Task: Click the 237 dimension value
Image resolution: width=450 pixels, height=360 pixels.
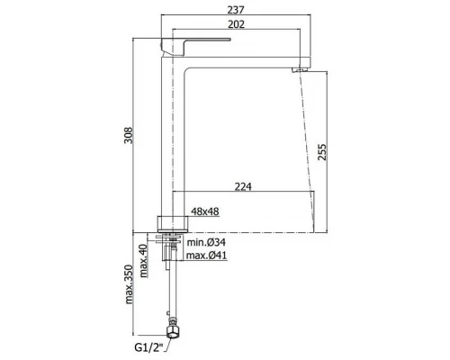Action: [x=236, y=10]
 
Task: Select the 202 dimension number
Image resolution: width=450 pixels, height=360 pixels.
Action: [x=236, y=24]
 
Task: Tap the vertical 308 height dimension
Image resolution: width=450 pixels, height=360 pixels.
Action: [x=129, y=136]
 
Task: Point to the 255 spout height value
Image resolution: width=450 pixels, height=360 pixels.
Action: [x=322, y=152]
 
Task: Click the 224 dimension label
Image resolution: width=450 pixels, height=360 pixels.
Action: [x=243, y=187]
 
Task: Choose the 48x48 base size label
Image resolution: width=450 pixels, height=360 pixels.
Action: [x=205, y=211]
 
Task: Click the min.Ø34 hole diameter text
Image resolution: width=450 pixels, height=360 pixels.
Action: [x=206, y=242]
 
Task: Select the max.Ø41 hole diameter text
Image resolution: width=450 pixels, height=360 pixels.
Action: [x=207, y=256]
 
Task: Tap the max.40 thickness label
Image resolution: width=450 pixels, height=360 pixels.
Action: [x=144, y=261]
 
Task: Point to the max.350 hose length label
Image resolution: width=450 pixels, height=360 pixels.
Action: [x=129, y=284]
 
